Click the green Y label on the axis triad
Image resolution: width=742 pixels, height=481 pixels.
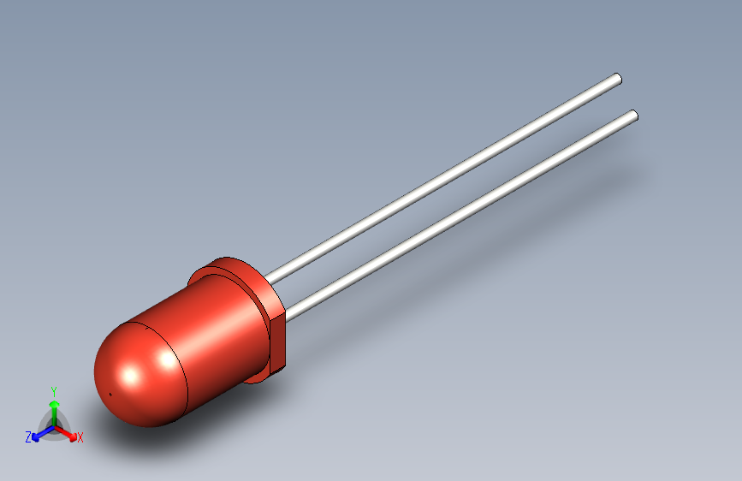click(x=54, y=389)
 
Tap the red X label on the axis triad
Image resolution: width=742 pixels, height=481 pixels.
click(x=80, y=438)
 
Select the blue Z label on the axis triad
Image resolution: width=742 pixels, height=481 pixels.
click(x=27, y=436)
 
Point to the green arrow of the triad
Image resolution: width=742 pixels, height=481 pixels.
click(x=54, y=406)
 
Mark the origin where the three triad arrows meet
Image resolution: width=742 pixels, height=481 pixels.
click(x=54, y=425)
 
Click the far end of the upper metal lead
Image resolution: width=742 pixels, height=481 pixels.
click(x=616, y=80)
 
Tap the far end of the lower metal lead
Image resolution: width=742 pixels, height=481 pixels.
click(x=633, y=116)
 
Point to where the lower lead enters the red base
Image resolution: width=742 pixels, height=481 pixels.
click(x=285, y=316)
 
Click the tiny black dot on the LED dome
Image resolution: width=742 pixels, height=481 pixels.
click(x=111, y=394)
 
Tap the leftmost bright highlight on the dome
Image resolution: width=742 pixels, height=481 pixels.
click(x=131, y=375)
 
